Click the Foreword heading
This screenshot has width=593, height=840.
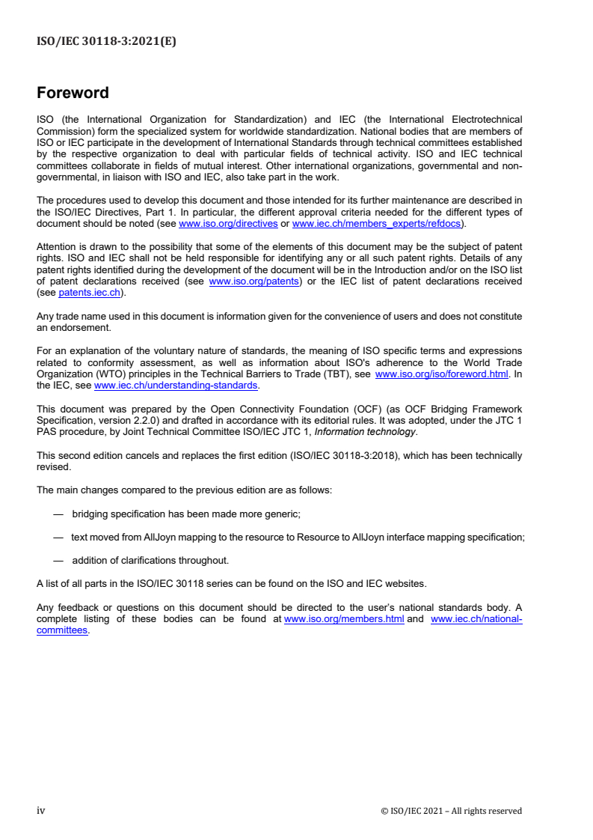pos(73,93)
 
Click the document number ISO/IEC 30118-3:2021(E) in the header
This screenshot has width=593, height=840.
pos(106,42)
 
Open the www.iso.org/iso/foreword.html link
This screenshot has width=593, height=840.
pos(441,374)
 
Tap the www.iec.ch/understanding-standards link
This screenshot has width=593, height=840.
pos(176,385)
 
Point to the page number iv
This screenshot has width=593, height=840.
pos(41,811)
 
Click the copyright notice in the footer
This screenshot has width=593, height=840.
pos(452,811)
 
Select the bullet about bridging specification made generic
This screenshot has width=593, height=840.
pos(186,514)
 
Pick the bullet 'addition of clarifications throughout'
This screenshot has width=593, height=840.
pos(150,560)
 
